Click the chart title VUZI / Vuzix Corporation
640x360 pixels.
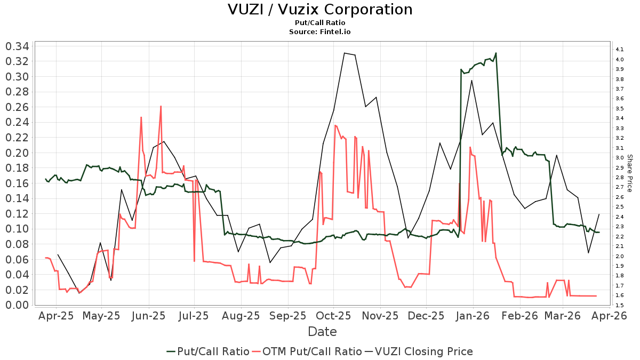[320, 10]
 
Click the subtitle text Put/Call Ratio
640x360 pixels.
[320, 23]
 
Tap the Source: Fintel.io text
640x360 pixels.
[320, 32]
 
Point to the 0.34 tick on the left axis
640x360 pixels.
[17, 46]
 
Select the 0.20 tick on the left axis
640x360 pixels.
[17, 153]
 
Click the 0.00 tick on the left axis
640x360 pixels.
[17, 305]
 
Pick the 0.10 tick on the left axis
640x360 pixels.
[17, 229]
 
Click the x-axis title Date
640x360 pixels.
[322, 332]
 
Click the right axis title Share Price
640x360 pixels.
[629, 173]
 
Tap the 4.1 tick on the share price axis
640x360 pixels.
[620, 50]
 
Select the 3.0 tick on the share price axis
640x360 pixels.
[620, 158]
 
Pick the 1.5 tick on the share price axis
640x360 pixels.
[620, 305]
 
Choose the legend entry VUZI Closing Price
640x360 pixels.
[424, 351]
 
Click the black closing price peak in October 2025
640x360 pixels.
[345, 53]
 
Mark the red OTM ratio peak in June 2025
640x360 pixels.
[161, 106]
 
